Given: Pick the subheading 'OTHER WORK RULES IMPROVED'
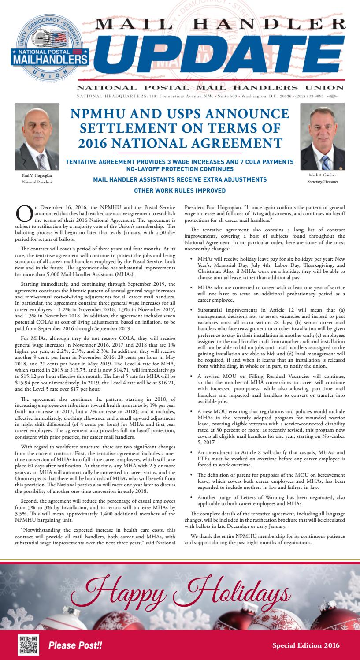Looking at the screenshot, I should [180, 190].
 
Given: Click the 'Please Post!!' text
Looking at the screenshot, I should [75, 645].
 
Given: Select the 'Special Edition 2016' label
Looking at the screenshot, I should [306, 645].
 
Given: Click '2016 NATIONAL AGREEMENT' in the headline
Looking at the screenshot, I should [180, 143].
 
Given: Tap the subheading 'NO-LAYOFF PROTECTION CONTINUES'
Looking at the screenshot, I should [180, 169].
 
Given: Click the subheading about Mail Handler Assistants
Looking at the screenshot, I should [180, 179].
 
